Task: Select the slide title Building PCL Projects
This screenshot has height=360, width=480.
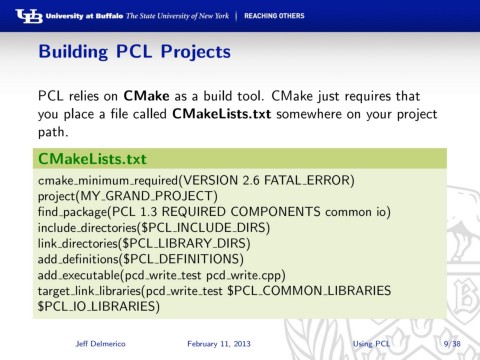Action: (x=134, y=50)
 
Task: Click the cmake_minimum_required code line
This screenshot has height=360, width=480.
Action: (x=195, y=180)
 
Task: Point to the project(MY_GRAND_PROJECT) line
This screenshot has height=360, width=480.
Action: (x=127, y=196)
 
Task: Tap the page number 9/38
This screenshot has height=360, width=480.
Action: (x=451, y=344)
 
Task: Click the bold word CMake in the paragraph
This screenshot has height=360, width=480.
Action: (x=149, y=97)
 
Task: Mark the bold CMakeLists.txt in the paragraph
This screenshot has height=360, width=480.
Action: (x=230, y=114)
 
